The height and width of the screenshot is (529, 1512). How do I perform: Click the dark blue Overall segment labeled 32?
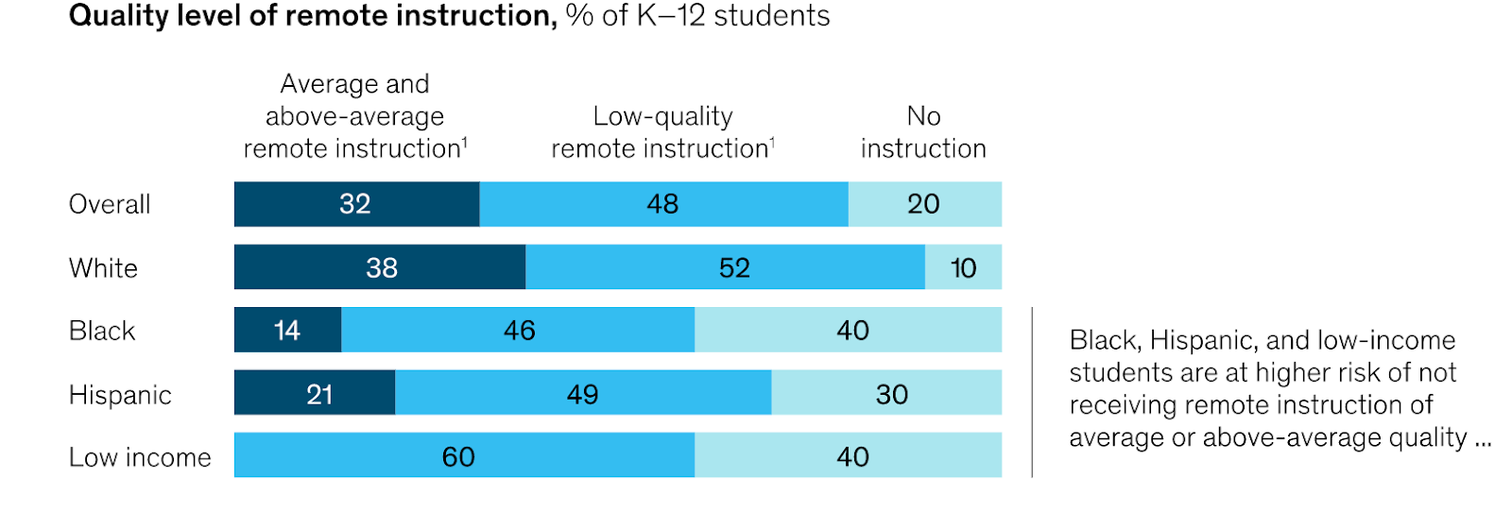point(356,204)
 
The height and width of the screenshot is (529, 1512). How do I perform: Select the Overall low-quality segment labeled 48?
point(663,204)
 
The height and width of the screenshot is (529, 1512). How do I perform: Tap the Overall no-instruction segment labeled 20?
point(924,204)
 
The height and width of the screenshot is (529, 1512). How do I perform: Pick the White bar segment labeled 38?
point(380,267)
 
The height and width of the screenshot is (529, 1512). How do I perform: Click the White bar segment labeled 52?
point(725,267)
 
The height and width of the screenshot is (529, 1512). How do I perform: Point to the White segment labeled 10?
point(963,267)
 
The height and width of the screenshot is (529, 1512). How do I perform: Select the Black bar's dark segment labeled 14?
point(287,330)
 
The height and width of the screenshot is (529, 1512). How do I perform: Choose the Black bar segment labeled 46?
point(518,330)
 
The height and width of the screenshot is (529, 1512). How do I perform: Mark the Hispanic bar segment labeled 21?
point(315,393)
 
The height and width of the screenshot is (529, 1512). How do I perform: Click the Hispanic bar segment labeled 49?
point(583,393)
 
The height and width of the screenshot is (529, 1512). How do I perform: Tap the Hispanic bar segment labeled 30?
point(886,393)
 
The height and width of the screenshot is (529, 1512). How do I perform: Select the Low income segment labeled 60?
point(463,456)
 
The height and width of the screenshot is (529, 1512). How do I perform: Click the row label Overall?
point(110,204)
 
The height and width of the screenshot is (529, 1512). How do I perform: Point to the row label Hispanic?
point(120,395)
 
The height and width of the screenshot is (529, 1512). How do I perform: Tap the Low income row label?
point(140,457)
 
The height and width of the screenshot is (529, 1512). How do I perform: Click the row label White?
point(103,268)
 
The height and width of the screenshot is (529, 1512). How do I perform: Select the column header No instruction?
point(923,132)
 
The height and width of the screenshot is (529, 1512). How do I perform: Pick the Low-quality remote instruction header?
point(662,132)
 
